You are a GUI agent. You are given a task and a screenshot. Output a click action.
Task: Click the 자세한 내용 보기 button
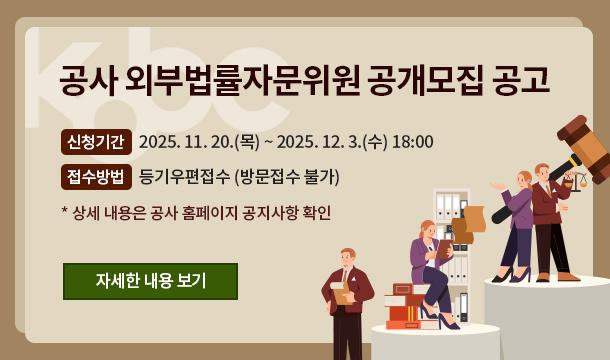pos(150,281)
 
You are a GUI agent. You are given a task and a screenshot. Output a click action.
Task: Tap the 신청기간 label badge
pos(95,141)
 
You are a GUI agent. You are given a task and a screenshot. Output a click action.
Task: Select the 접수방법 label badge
pos(95,177)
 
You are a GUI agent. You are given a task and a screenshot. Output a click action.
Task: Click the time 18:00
pos(413,141)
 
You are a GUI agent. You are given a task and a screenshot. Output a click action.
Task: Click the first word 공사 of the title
pos(88,81)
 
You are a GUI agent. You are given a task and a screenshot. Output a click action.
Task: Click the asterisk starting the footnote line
pos(65,212)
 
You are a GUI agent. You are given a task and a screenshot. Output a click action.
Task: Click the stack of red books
pos(404,308)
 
